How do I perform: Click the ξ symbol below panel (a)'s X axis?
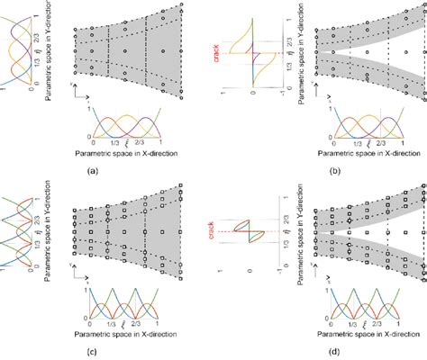(127, 142)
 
